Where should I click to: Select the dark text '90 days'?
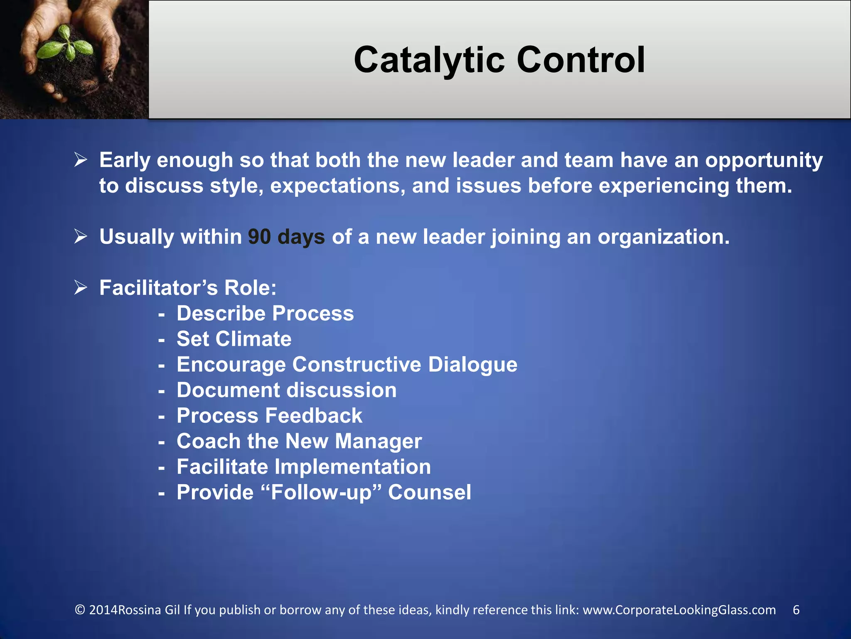click(x=286, y=237)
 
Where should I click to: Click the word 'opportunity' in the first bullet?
click(x=764, y=161)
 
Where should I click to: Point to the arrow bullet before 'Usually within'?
click(x=81, y=236)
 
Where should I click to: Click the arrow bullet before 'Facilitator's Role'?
click(x=81, y=287)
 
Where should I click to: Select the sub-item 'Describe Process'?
click(x=265, y=313)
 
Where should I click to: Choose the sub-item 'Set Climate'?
click(x=234, y=339)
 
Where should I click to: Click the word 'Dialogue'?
click(x=473, y=364)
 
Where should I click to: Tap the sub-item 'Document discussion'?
click(x=286, y=390)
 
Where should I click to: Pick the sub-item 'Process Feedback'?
click(x=269, y=416)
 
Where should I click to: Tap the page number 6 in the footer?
click(x=796, y=610)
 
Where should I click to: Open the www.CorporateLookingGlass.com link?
click(x=679, y=610)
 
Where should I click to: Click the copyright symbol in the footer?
click(x=80, y=610)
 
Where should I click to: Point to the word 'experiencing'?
click(x=664, y=186)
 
